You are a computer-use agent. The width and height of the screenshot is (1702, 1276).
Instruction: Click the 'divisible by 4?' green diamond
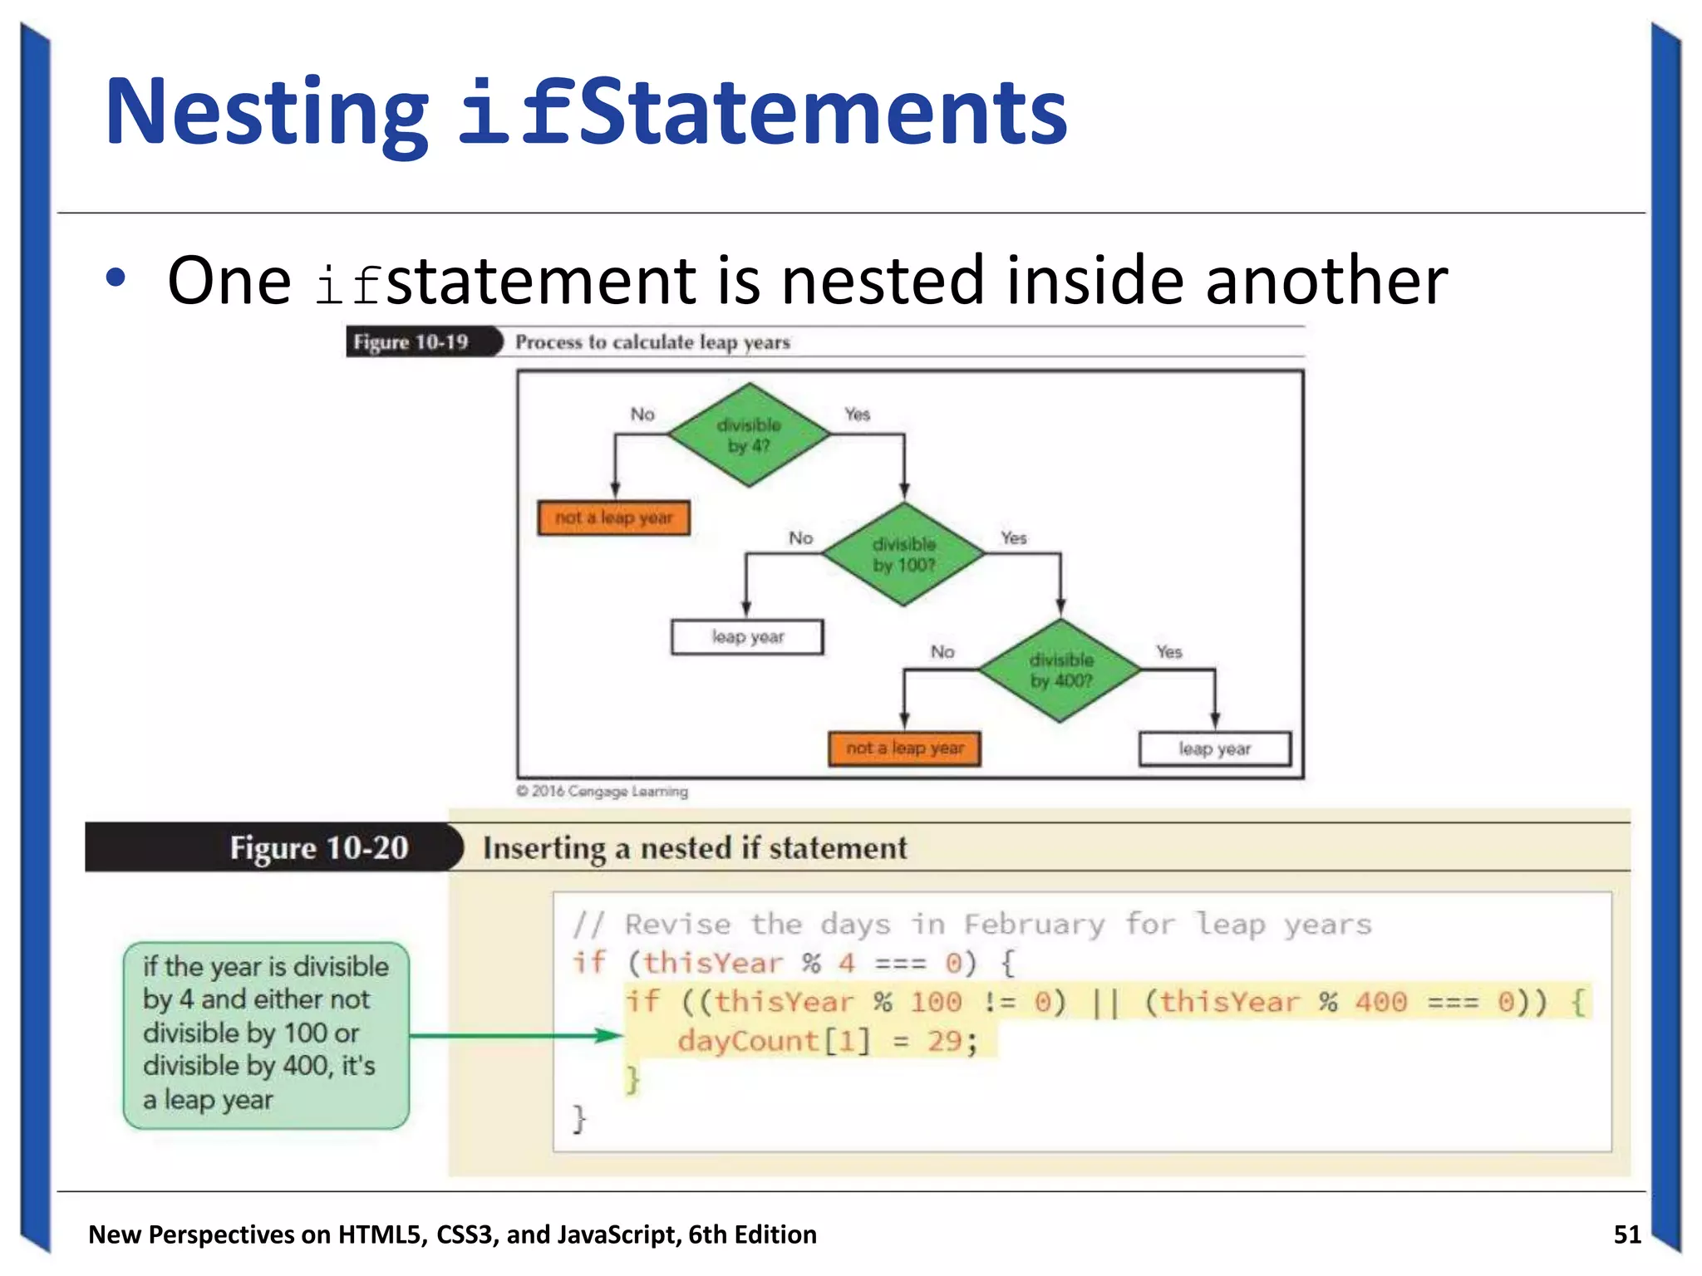[749, 434]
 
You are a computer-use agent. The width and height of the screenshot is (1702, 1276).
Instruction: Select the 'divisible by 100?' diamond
[904, 554]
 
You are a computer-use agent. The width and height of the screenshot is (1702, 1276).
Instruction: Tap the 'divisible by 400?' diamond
[1060, 670]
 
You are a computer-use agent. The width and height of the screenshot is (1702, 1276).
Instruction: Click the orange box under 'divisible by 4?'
[613, 518]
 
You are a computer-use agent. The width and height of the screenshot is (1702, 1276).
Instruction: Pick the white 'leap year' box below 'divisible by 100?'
[747, 637]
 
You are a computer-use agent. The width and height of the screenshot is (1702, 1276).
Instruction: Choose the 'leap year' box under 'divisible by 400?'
[1214, 748]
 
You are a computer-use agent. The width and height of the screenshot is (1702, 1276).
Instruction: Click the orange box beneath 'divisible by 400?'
[904, 748]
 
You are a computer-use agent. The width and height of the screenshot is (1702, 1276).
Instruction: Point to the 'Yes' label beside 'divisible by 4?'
[857, 414]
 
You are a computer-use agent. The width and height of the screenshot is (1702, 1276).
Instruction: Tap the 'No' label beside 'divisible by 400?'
[942, 651]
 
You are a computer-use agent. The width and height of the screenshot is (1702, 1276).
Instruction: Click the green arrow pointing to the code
[515, 1035]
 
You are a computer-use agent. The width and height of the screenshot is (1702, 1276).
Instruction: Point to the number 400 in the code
[1380, 1002]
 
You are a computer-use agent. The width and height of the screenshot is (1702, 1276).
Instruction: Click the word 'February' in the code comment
[1034, 924]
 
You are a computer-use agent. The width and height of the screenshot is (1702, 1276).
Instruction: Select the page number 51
[1626, 1234]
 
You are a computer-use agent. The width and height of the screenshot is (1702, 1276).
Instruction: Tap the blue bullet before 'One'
[116, 278]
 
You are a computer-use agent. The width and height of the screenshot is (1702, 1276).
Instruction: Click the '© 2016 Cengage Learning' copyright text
[602, 791]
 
